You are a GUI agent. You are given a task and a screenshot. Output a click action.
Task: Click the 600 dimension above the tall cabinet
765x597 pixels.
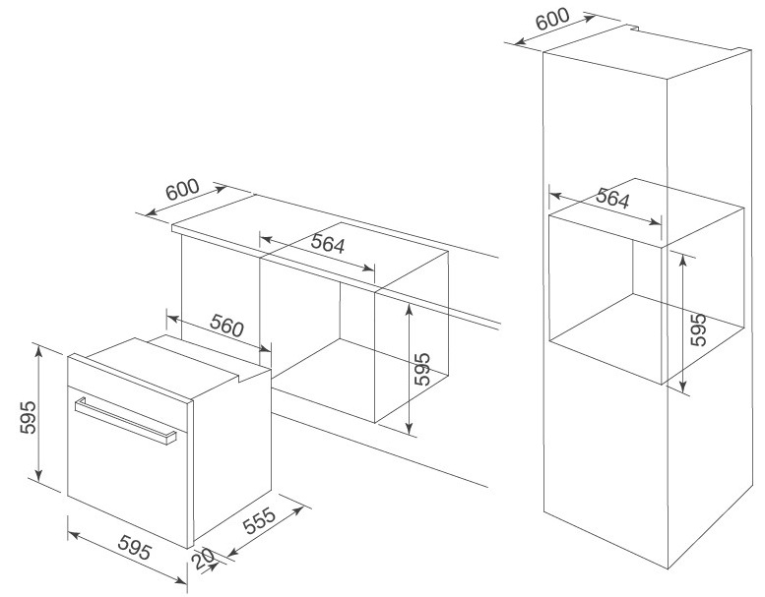coord(552,19)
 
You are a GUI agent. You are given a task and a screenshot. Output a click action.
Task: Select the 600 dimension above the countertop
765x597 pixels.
coord(182,190)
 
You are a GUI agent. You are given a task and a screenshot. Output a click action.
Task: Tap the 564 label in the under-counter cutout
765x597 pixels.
coord(328,244)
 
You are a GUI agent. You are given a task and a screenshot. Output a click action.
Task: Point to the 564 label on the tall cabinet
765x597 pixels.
coord(612,198)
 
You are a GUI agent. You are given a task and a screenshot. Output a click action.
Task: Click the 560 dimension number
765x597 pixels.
coord(226,326)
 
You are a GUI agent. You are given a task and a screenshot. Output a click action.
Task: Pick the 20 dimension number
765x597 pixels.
coord(203,559)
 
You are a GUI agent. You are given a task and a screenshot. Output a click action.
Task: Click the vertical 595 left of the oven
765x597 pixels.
coord(29,417)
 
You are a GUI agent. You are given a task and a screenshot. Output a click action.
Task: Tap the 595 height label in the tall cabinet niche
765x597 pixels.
coord(699,329)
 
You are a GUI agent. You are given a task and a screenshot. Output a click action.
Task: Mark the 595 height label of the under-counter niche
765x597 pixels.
coord(422,369)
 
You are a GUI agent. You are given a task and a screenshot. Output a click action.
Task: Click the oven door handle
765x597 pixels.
coord(125,421)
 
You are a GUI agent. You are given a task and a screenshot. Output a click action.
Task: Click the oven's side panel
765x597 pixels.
coord(232,457)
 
